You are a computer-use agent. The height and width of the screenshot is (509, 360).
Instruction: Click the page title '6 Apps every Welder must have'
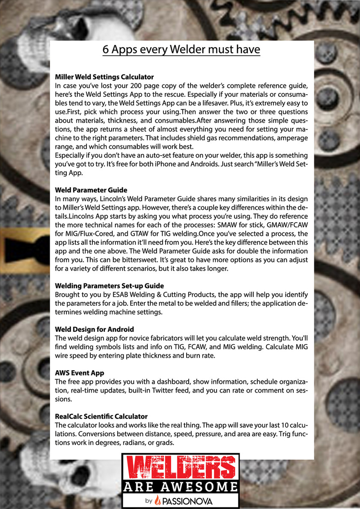[x=181, y=50]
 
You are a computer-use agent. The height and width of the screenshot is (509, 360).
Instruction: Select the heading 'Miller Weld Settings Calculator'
[x=104, y=77]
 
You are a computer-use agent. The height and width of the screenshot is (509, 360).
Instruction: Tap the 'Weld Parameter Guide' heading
[x=91, y=190]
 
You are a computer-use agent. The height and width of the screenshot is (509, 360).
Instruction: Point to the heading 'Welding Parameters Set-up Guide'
[x=109, y=286]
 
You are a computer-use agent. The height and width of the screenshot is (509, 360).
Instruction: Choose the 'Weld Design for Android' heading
[x=94, y=329]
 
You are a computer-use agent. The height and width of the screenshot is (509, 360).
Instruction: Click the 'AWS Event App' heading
[x=80, y=373]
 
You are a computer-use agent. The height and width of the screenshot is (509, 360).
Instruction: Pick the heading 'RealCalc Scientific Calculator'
[x=101, y=416]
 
